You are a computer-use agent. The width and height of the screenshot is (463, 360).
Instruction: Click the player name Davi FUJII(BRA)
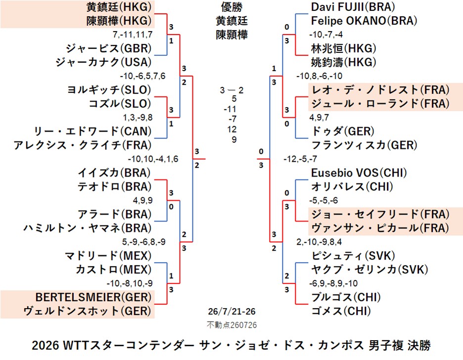353,7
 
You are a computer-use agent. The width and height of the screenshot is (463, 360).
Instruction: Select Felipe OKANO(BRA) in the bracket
364,21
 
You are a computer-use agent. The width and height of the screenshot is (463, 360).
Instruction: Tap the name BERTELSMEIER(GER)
93,297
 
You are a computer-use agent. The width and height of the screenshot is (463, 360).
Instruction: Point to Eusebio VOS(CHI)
359,173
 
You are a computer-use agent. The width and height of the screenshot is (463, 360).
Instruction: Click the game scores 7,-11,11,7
133,35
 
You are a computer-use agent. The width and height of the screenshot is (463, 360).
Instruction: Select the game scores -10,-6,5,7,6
142,76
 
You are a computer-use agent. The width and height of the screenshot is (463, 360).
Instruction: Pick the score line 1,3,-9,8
138,117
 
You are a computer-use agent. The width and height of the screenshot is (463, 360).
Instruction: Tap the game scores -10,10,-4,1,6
153,159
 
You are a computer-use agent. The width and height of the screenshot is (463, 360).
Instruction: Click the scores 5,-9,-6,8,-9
144,242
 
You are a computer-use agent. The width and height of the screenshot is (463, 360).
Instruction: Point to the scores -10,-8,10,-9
130,283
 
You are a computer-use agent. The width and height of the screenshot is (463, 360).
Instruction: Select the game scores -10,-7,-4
326,35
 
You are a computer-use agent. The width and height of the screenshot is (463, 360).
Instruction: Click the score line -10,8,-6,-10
320,76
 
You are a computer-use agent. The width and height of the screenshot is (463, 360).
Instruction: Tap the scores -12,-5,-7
300,159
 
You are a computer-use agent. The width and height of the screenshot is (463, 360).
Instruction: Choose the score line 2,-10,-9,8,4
319,242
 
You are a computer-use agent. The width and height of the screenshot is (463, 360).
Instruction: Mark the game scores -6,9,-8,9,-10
333,283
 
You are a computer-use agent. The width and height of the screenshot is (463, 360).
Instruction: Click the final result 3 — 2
232,90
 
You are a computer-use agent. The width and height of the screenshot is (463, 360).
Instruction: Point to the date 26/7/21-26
232,312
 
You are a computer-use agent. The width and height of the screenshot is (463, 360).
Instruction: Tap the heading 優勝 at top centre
232,7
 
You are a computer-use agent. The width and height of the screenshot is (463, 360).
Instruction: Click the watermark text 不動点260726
232,325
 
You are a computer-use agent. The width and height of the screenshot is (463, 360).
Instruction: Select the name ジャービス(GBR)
109,48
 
